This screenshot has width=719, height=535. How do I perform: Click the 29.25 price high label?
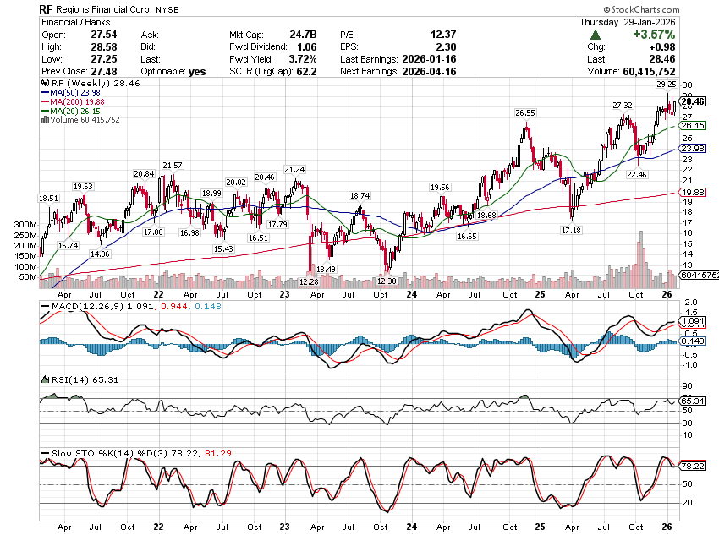click(x=666, y=85)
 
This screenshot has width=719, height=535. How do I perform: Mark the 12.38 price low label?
click(x=387, y=280)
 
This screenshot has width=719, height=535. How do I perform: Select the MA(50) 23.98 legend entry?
click(x=72, y=94)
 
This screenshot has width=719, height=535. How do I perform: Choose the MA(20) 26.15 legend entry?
click(x=72, y=111)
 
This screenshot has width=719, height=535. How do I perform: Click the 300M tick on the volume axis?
click(x=26, y=226)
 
